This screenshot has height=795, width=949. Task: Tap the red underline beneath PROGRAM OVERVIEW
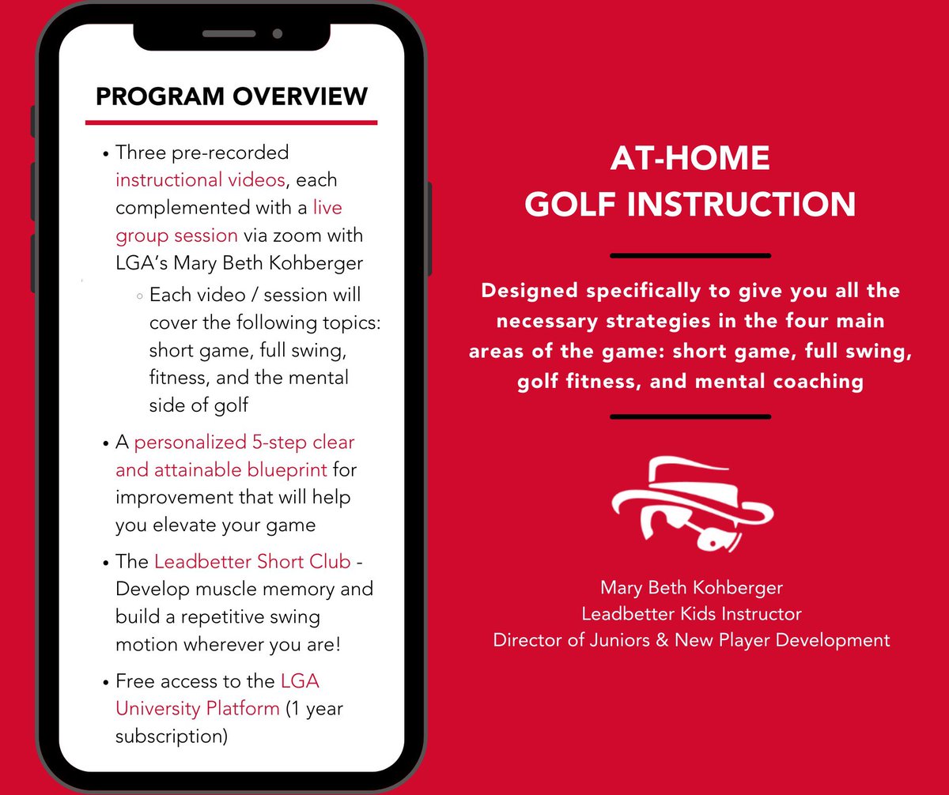tap(231, 122)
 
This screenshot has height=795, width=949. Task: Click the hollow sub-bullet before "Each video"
tap(139, 296)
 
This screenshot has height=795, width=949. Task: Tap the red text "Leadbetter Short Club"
tap(252, 562)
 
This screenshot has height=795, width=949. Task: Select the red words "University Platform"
tap(198, 708)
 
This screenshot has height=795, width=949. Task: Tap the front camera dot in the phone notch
tap(277, 34)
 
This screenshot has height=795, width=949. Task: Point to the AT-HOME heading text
tap(690, 160)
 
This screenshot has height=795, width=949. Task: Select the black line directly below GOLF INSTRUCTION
tap(690, 255)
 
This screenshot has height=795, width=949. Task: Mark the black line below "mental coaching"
tap(690, 416)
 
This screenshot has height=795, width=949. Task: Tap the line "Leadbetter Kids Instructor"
tap(691, 613)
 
